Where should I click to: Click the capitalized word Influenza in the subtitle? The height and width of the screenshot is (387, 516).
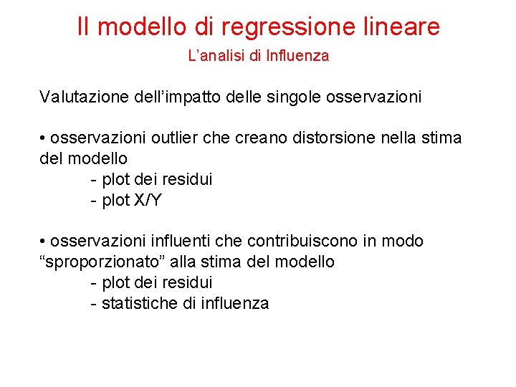[x=297, y=56]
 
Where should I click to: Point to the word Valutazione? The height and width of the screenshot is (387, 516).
[x=84, y=97]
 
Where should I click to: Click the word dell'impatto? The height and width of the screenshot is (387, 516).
[x=176, y=97]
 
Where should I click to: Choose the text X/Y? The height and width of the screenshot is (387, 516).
[x=148, y=200]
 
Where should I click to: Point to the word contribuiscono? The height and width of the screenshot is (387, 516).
[x=290, y=241]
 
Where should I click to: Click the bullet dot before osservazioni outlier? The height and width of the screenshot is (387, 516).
[x=43, y=137]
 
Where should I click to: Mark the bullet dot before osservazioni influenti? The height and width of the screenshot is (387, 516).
[x=43, y=241]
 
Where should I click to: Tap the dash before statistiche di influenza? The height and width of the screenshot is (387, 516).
[x=94, y=303]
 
